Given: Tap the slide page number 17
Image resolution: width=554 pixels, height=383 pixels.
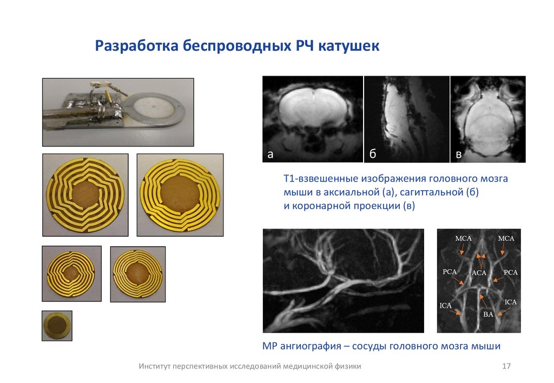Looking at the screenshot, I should (x=507, y=366).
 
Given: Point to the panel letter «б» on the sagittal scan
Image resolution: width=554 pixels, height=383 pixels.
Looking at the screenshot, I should (x=373, y=155).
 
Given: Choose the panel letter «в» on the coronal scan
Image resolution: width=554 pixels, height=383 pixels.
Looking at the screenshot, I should (x=459, y=155).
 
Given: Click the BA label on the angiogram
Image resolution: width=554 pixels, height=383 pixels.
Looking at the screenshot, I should (x=487, y=313).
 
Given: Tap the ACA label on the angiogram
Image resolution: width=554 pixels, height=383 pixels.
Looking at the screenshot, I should (x=480, y=273).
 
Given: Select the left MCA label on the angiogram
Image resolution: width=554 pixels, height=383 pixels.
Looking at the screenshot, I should (x=463, y=238).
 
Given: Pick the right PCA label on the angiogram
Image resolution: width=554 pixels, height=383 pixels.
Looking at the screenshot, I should (x=511, y=273).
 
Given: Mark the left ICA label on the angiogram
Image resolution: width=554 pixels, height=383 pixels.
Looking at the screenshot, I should (x=446, y=306).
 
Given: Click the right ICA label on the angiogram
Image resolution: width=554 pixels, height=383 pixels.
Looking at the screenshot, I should (x=511, y=302).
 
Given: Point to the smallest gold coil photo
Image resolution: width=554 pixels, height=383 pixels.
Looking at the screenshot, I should (x=57, y=326).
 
